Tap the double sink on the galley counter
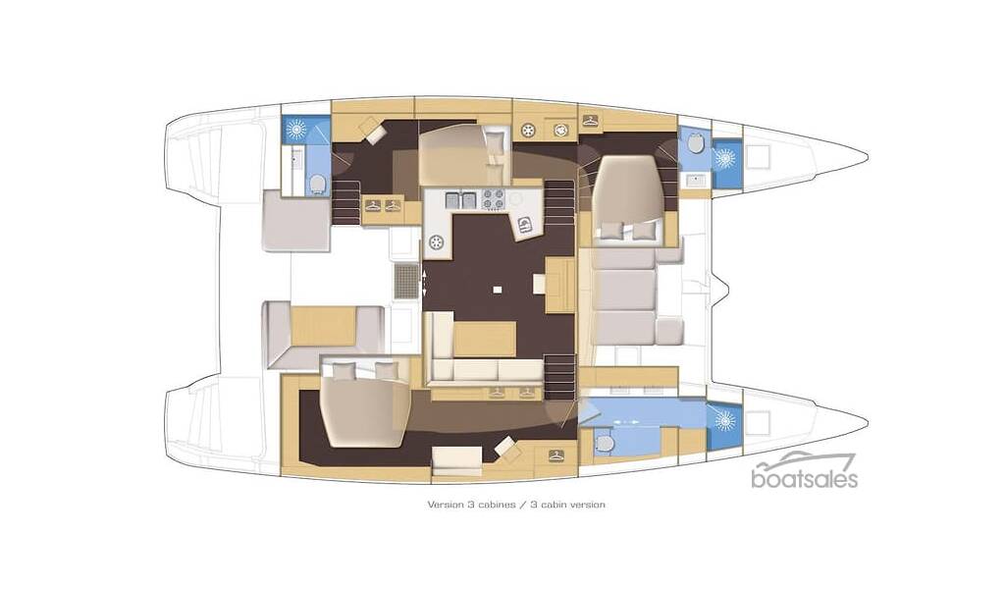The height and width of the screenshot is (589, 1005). click(x=461, y=199)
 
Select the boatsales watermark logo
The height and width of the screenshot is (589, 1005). click(x=805, y=471)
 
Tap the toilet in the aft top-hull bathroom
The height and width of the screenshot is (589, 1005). click(x=317, y=184)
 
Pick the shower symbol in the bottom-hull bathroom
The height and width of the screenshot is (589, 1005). click(x=725, y=420)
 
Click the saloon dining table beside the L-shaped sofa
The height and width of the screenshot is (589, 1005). click(x=485, y=339)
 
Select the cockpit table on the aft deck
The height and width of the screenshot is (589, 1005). click(x=324, y=326)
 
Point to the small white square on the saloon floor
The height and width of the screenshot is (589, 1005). click(x=498, y=289)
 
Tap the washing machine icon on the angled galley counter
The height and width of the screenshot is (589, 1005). click(x=526, y=225)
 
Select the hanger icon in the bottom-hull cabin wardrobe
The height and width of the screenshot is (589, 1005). click(x=556, y=455)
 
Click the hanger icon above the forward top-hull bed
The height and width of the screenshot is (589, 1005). click(x=590, y=119)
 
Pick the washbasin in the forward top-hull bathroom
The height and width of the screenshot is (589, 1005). click(x=694, y=180)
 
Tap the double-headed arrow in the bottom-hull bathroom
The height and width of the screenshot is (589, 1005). click(x=626, y=422)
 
